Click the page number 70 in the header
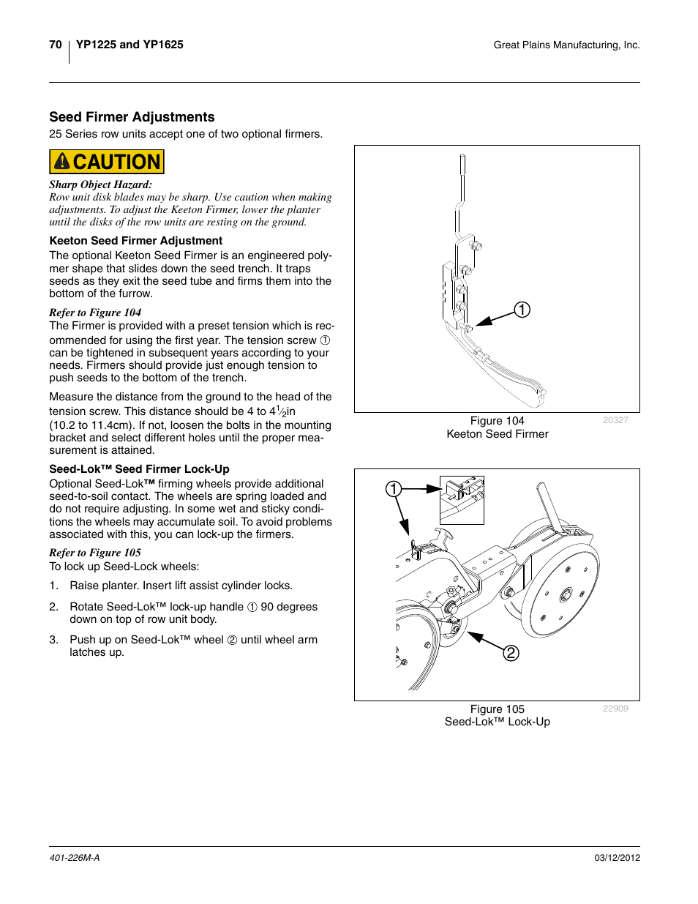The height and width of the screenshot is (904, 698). coord(56,45)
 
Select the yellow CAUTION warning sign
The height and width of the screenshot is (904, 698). coord(107,162)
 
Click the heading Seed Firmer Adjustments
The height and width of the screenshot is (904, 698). coord(132,117)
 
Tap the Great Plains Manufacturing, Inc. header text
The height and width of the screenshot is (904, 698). coord(566,45)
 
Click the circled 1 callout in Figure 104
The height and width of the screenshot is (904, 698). coord(522,310)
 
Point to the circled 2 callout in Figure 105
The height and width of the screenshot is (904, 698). coord(511,652)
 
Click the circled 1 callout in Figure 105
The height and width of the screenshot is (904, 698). coord(394,489)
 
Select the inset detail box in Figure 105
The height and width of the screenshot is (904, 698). coord(462,500)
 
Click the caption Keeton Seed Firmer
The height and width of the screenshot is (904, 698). coord(497,434)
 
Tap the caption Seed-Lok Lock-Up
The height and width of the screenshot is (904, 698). coord(497,722)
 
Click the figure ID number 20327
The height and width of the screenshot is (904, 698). coord(615,420)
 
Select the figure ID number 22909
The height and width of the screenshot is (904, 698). coord(615,709)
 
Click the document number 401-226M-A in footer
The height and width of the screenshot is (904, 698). coord(75,858)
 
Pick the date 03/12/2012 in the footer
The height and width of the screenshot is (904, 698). coord(617,858)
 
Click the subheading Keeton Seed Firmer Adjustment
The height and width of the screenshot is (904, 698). coord(136,241)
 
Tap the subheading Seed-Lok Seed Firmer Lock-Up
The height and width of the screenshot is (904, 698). coord(139,469)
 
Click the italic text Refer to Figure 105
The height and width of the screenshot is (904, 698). coord(95,553)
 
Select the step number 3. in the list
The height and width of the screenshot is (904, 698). coord(53,640)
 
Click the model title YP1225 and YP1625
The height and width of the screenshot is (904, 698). coord(130,45)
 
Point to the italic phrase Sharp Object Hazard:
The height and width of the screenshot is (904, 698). coord(100,185)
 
